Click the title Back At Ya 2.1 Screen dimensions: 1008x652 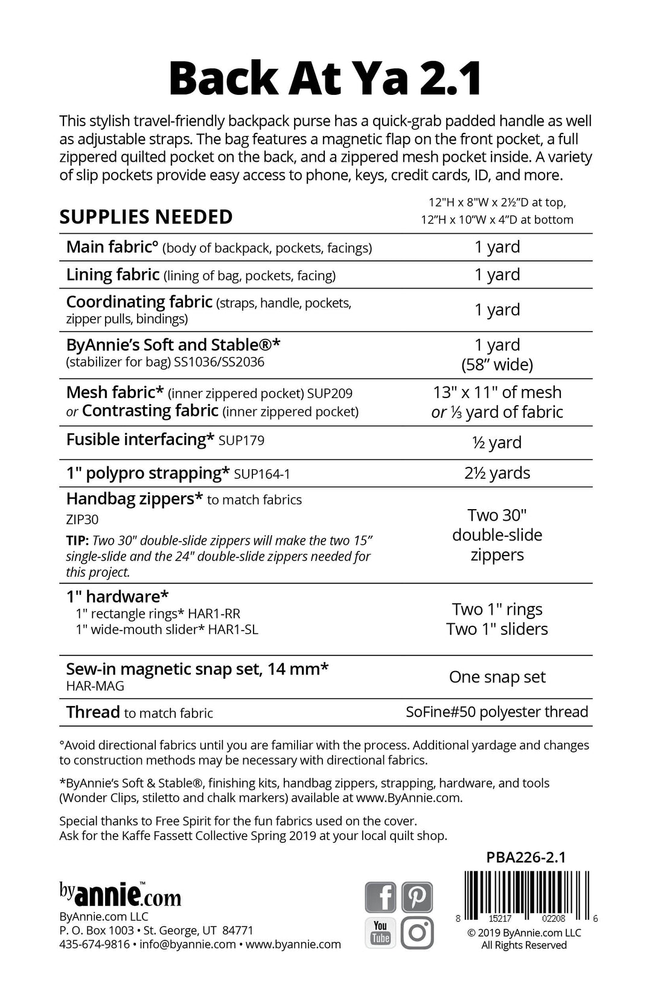tap(325, 79)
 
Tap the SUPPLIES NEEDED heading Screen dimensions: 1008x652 tap(145, 217)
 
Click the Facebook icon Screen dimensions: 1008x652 tap(380, 897)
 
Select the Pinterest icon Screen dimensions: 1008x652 tap(417, 897)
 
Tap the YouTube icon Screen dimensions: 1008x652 tap(380, 933)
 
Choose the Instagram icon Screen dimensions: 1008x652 tap(417, 933)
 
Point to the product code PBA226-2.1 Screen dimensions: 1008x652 tap(526, 858)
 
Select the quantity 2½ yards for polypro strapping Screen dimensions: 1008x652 tap(497, 473)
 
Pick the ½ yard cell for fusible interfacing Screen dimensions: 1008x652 tap(497, 442)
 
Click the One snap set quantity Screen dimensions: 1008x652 tap(497, 677)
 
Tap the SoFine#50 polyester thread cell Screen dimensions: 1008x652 tap(497, 712)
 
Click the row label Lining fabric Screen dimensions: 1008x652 tap(113, 275)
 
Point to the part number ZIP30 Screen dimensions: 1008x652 tap(82, 519)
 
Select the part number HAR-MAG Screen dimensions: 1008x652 tap(95, 686)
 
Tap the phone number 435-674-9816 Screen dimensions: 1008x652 tap(94, 944)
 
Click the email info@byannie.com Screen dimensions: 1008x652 tap(187, 944)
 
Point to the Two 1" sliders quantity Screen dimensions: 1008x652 tap(497, 629)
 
